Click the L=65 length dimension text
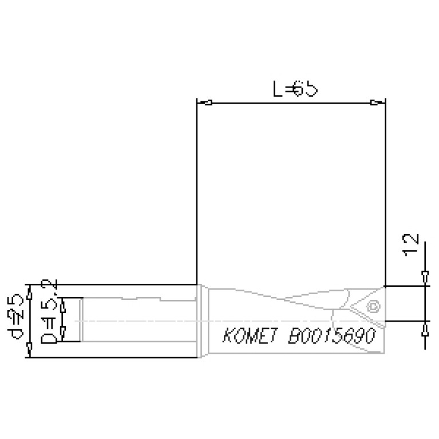click(x=294, y=90)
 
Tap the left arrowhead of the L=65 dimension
click(x=208, y=104)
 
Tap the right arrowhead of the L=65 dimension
click(x=374, y=103)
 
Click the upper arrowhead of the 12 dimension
click(x=424, y=277)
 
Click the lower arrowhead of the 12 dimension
click(x=424, y=329)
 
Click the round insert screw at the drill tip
click(x=374, y=306)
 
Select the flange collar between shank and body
click(x=201, y=321)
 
